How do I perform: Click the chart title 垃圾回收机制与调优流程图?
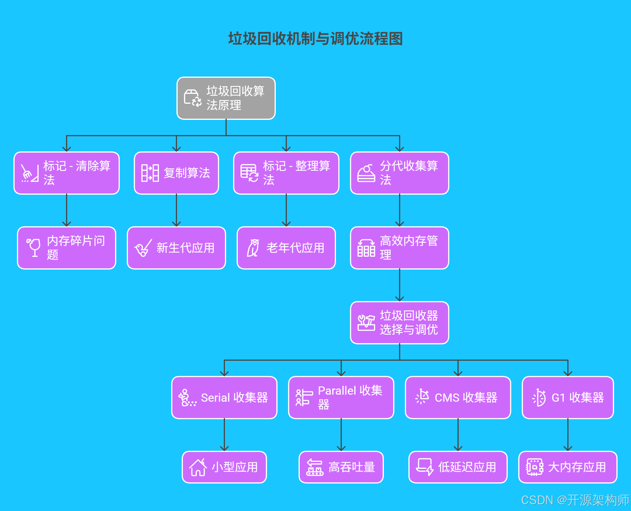coord(315,39)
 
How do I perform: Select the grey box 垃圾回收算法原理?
coord(226,98)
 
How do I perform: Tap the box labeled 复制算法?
coord(176,173)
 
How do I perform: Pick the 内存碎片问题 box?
coord(67,248)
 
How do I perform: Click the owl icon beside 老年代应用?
coord(253,248)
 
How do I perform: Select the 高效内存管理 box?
coord(399,248)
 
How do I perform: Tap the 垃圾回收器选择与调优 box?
coord(399,323)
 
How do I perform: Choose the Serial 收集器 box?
coord(224,397)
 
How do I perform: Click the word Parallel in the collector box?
coord(337,391)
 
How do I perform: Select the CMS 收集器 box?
coord(458,397)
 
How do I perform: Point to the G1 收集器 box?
coord(568,397)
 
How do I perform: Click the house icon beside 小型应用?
coord(198,467)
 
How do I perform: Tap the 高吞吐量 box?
coord(341,467)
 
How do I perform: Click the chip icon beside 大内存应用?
coord(534,467)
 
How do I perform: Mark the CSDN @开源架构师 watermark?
coord(575,500)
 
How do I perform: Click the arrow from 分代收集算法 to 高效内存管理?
coord(399,210)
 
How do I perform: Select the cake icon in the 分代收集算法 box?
coord(366,174)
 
